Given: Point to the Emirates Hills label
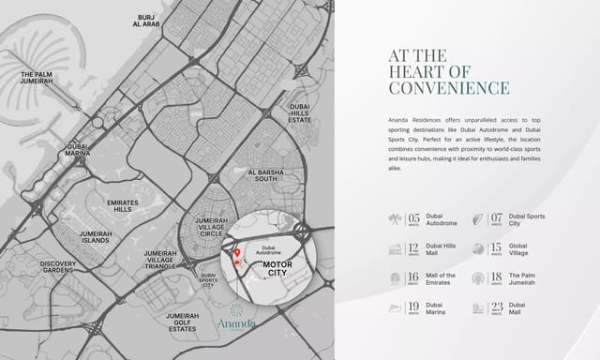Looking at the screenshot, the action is [123, 206].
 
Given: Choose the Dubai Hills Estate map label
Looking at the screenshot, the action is [300, 113].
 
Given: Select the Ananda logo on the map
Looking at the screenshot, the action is [233, 319].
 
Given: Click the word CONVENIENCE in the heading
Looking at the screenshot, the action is [449, 88].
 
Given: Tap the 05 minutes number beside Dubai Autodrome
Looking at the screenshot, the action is [414, 219].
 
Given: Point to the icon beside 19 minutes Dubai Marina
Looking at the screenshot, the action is [394, 308].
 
